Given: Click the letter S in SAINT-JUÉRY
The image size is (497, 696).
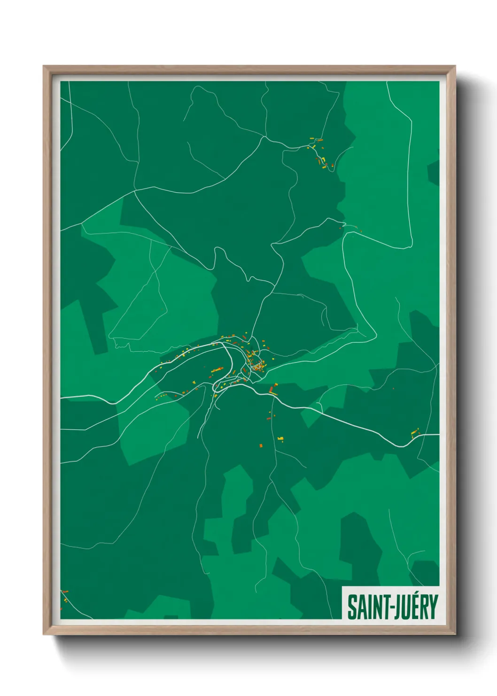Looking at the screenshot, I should (351, 607).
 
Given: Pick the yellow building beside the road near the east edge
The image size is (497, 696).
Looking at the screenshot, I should (414, 431).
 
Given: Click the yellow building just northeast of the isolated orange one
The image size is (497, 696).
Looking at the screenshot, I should (280, 439).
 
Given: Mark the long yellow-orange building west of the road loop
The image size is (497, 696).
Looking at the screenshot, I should (217, 371).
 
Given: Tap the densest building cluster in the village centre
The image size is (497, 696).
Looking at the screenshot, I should (257, 365).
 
